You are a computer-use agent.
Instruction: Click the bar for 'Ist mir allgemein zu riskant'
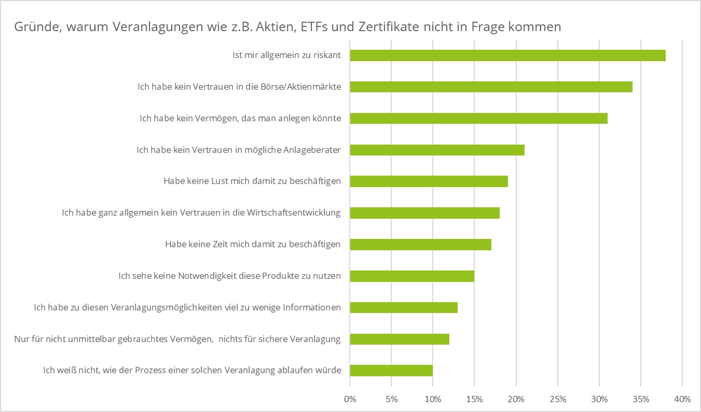(x=507, y=55)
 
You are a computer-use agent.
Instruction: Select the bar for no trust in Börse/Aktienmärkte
(x=491, y=87)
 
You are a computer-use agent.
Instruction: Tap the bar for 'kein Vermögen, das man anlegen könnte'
(x=478, y=119)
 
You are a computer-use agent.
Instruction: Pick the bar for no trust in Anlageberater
(x=437, y=150)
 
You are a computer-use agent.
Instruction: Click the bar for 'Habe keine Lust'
(x=428, y=181)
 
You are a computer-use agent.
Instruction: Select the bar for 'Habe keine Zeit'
(x=420, y=244)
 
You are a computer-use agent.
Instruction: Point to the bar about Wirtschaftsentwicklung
(x=424, y=213)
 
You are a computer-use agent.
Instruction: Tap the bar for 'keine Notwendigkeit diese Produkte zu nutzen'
(x=412, y=276)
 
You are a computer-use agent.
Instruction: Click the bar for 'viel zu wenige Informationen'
(x=403, y=308)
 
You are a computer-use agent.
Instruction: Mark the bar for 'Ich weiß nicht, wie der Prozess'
(x=391, y=370)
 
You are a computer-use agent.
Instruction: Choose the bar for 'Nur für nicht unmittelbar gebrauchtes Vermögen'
(x=399, y=339)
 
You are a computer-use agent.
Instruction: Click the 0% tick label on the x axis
(x=350, y=399)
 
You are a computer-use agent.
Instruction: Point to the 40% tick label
(x=682, y=399)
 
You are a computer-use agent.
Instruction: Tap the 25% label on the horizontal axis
(x=557, y=399)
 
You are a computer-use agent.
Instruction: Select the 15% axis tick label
(x=474, y=399)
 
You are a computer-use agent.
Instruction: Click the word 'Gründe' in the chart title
(x=33, y=27)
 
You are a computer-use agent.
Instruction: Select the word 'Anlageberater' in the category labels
(x=312, y=150)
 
